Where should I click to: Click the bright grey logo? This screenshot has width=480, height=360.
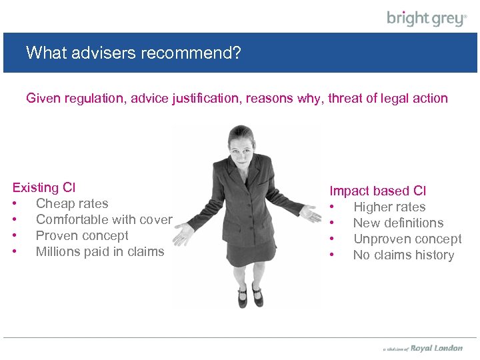[427, 18]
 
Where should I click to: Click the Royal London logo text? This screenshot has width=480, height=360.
[436, 348]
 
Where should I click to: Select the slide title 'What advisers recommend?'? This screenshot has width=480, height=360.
[133, 52]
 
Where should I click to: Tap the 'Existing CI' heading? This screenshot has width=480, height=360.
[44, 187]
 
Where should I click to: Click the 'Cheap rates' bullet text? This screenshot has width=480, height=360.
[72, 203]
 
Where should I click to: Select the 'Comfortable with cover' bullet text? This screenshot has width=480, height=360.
[104, 219]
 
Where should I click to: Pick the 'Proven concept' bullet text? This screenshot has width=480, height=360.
[82, 235]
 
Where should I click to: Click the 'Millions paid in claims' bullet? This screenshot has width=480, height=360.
[100, 251]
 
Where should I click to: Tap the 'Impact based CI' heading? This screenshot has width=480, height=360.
[378, 191]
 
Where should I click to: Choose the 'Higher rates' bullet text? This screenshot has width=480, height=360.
[389, 207]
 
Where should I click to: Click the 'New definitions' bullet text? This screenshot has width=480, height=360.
[398, 223]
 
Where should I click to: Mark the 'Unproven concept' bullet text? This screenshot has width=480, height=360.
[407, 239]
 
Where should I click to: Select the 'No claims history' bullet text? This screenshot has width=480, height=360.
[403, 255]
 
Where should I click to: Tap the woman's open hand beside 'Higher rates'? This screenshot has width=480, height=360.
[309, 214]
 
